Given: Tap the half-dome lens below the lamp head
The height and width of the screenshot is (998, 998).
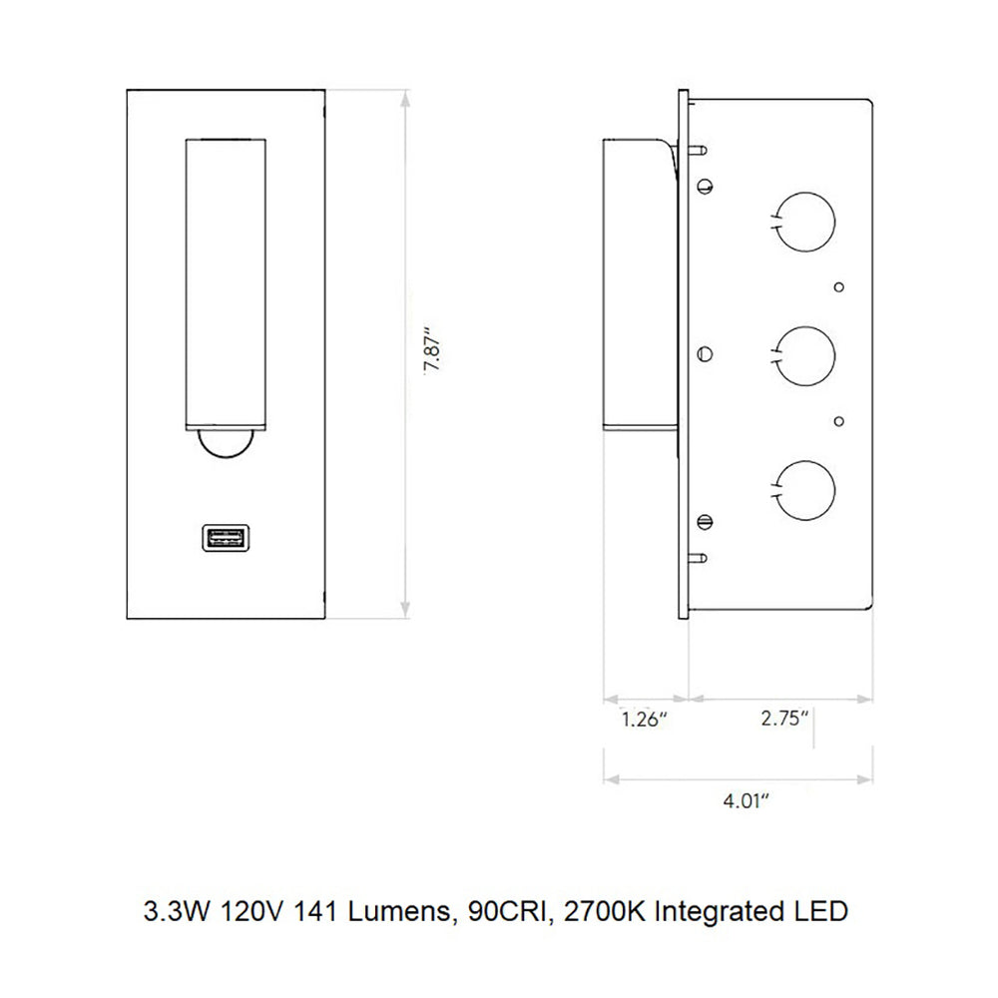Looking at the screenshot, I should pyautogui.click(x=226, y=447).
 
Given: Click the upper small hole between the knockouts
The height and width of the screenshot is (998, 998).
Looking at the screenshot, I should pyautogui.click(x=840, y=286).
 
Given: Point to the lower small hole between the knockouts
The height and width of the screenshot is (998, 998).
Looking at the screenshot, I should pyautogui.click(x=840, y=420).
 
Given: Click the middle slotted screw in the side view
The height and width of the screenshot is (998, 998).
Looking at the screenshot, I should pyautogui.click(x=706, y=352).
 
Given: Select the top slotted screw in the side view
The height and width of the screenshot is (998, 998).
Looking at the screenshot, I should pyautogui.click(x=706, y=185).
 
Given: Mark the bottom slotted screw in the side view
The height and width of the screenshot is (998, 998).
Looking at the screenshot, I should pyautogui.click(x=706, y=520).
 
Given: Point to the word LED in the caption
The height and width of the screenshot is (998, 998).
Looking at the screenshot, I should pyautogui.click(x=825, y=911).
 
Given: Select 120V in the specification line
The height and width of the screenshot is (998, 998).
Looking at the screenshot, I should pyautogui.click(x=249, y=911).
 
